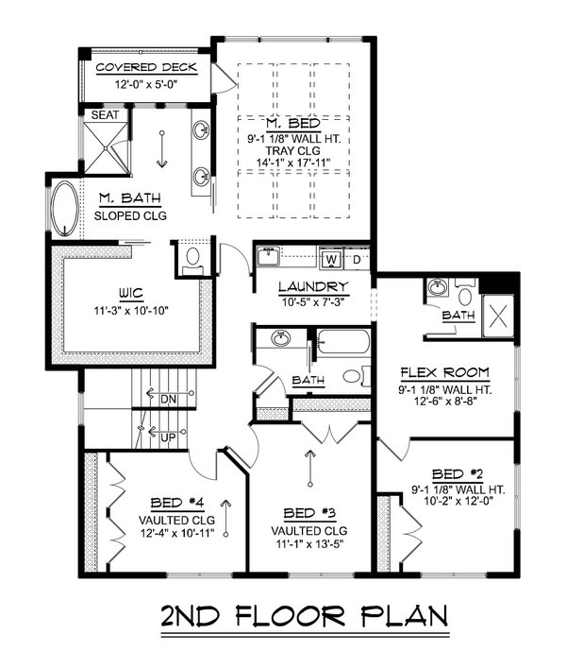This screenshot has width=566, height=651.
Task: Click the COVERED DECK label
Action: coord(147,69)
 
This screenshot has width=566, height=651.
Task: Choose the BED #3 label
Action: coord(308,513)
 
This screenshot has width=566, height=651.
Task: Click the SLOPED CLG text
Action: coord(130,214)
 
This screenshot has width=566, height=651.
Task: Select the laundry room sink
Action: coord(269,256)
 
